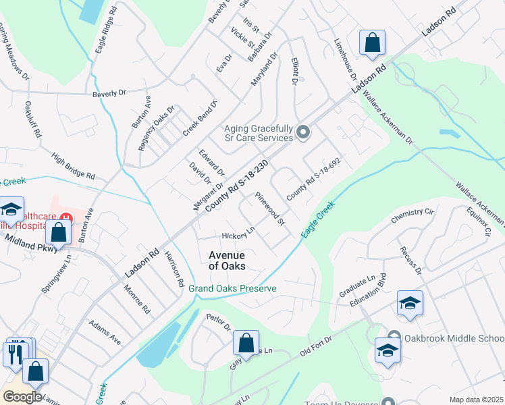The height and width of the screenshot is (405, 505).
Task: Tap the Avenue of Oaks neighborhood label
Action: [x=226, y=261]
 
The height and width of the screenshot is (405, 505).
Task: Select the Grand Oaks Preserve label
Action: [x=232, y=288]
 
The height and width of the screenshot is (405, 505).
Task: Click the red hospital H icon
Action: [x=66, y=217]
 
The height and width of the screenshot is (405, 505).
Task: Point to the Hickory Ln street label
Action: [x=238, y=234]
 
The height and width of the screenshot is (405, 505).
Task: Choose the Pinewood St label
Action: [x=270, y=209]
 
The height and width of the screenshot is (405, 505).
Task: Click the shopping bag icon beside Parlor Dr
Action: [x=246, y=342]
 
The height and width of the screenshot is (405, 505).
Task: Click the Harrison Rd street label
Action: [x=174, y=269]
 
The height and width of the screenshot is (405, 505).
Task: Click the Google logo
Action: [x=22, y=396]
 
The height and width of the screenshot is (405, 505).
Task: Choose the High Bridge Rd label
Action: [x=73, y=165]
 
